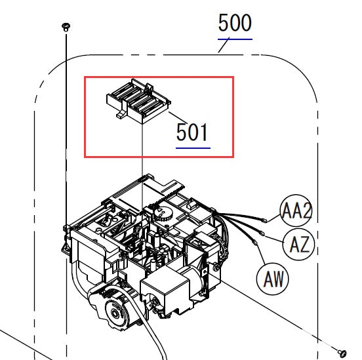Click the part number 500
click(x=235, y=24)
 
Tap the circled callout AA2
click(x=296, y=211)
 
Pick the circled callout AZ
click(x=299, y=245)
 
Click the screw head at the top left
click(x=66, y=26)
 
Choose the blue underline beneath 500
click(x=235, y=39)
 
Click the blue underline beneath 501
click(x=192, y=148)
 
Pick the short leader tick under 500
click(x=224, y=45)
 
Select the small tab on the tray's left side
click(x=120, y=114)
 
